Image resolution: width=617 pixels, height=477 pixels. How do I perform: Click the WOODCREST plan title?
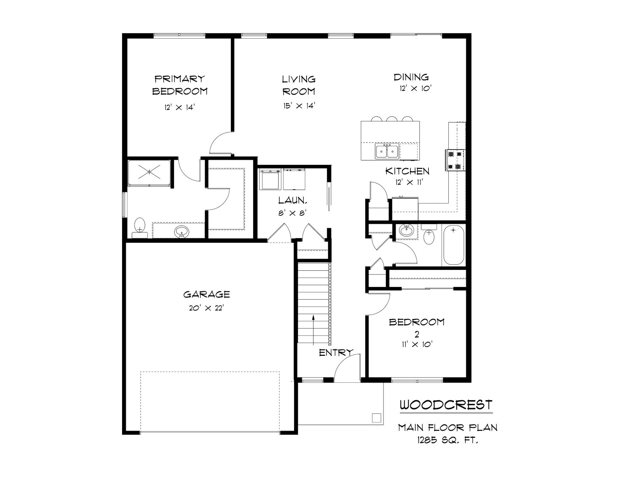[446, 405]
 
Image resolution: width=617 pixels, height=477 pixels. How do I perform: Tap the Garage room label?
[207, 294]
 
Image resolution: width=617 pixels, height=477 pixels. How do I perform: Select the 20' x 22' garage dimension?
[206, 308]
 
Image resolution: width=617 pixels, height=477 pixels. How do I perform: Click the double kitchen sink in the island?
[387, 151]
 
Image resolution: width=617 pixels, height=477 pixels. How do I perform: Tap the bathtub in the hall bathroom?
[453, 245]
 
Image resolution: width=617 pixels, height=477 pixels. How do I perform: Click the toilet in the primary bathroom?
[140, 228]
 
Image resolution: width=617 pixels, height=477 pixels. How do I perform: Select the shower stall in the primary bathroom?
[149, 173]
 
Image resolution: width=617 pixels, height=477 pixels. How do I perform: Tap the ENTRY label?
[336, 353]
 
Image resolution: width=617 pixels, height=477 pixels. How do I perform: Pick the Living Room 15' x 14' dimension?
[299, 106]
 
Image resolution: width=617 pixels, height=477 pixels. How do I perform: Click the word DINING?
[411, 77]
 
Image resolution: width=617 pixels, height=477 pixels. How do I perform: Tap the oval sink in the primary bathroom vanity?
[182, 231]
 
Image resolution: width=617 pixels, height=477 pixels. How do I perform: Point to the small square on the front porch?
[376, 418]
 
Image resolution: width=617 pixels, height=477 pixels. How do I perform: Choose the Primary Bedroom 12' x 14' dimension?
[180, 107]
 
